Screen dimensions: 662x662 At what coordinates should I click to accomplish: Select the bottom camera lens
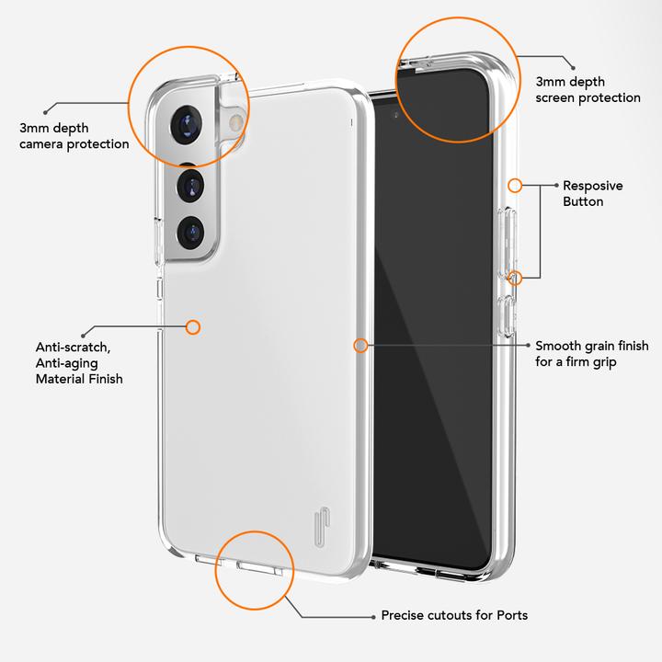pyautogui.click(x=191, y=231)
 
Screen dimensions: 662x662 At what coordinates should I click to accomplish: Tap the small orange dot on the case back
pyautogui.click(x=193, y=326)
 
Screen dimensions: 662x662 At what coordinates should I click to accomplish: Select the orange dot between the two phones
pyautogui.click(x=360, y=346)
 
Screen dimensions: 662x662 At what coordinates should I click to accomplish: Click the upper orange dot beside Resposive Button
pyautogui.click(x=515, y=186)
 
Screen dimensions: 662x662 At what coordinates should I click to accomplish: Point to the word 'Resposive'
pyautogui.click(x=592, y=186)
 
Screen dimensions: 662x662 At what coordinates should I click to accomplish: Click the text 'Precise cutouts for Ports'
pyautogui.click(x=454, y=615)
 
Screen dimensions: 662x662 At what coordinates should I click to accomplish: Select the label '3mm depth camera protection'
pyautogui.click(x=74, y=135)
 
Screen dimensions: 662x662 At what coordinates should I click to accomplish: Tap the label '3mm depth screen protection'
pyautogui.click(x=588, y=89)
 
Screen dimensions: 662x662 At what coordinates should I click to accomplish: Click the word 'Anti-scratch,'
pyautogui.click(x=74, y=348)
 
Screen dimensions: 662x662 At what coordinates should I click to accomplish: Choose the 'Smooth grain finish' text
pyautogui.click(x=591, y=347)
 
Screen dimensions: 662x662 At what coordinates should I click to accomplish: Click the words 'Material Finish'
pyautogui.click(x=79, y=378)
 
